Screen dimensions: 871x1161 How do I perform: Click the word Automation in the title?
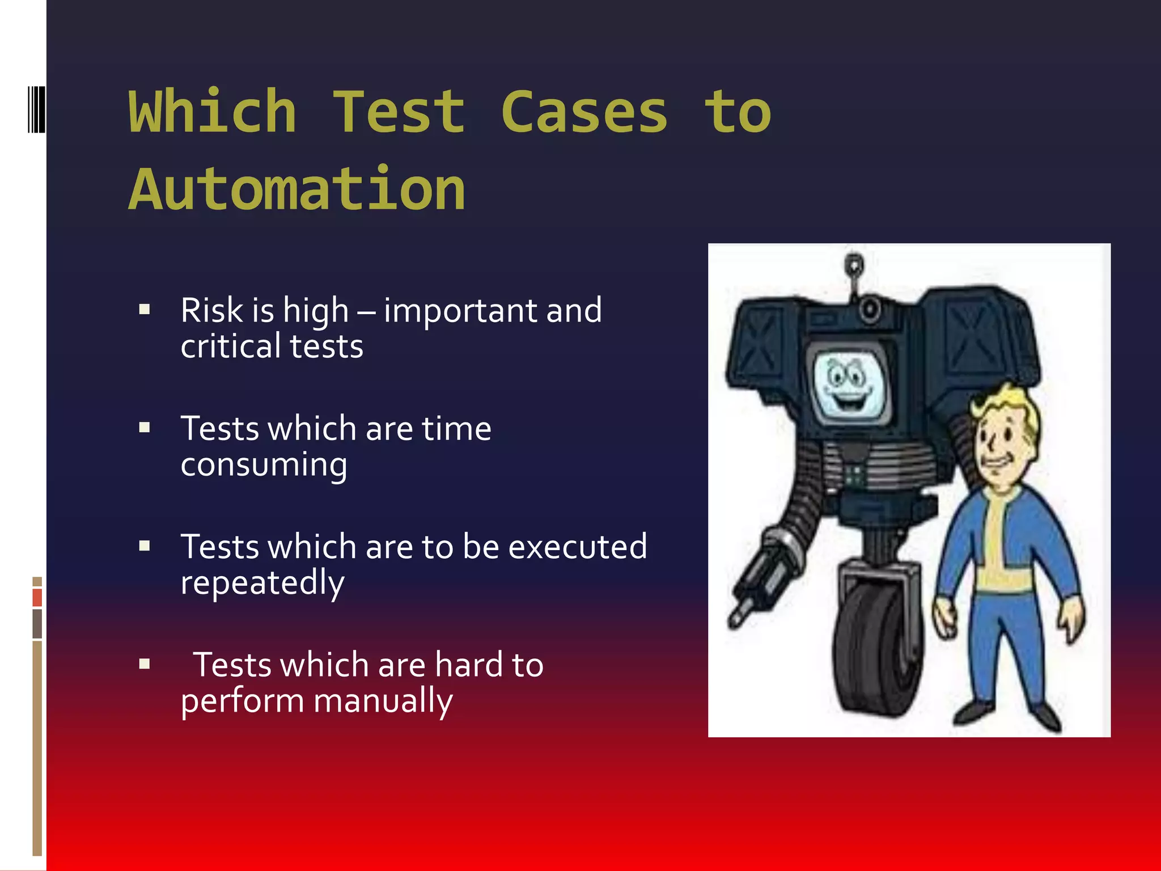[x=297, y=189]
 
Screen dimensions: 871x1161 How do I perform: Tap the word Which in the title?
[x=213, y=112]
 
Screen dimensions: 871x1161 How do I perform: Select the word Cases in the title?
[x=584, y=112]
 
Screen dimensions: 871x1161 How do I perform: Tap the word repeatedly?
[x=262, y=583]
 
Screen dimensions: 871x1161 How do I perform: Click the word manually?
[x=383, y=701]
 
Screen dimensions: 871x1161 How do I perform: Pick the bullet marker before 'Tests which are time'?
[x=145, y=428]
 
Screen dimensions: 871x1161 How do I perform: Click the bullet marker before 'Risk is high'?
[x=145, y=310]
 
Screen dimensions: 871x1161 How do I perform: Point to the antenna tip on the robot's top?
[x=854, y=264]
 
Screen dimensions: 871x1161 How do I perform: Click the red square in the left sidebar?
[x=37, y=597]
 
